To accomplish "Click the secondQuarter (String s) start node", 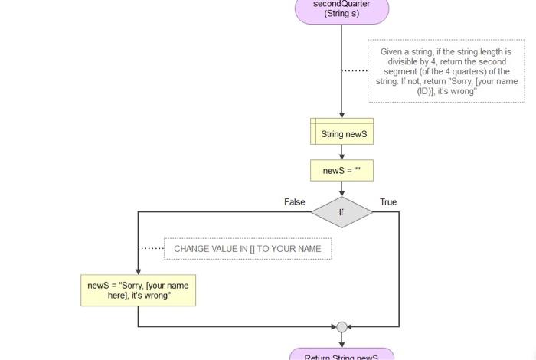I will click(x=342, y=9).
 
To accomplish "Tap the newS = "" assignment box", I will click(x=342, y=170).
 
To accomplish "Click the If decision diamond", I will click(x=342, y=212).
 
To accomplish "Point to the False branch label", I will click(x=295, y=202).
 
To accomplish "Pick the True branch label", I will click(x=388, y=202).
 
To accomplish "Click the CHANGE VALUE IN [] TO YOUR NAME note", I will click(x=247, y=249).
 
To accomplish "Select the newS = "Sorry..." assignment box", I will click(x=138, y=290).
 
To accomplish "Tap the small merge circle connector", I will click(x=342, y=327).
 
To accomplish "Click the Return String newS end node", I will click(x=342, y=355).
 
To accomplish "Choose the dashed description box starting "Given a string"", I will click(x=446, y=71).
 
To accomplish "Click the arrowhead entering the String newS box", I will click(x=342, y=115).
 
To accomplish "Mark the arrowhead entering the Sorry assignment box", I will click(x=138, y=271).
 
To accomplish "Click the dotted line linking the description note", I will click(x=355, y=70).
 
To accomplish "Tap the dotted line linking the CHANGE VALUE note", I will click(x=151, y=248).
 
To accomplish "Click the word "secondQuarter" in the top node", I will click(x=342, y=4).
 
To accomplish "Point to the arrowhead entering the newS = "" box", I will click(x=342, y=155).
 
